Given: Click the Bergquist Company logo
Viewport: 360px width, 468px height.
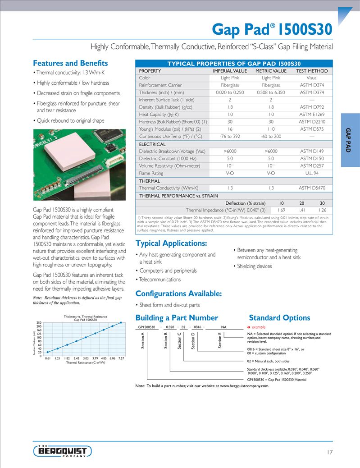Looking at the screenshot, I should [x=63, y=451].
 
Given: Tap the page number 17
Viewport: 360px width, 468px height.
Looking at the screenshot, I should [x=329, y=452].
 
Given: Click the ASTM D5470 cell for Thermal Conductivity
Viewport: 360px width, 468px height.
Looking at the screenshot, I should [x=312, y=188].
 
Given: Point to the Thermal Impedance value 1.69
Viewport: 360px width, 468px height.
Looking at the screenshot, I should [x=281, y=210].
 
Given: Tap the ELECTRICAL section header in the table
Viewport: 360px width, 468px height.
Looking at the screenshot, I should [x=152, y=144].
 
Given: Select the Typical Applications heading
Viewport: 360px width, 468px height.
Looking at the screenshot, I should [x=171, y=243].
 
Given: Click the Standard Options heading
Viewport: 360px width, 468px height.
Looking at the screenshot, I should [x=279, y=318].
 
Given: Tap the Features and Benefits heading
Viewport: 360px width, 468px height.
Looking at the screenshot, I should [x=70, y=63].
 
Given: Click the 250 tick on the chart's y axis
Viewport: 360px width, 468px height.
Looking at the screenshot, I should [x=39, y=323].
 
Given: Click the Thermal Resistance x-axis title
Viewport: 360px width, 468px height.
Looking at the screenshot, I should [x=85, y=362].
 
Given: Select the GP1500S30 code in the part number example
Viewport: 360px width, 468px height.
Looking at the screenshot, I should [x=146, y=327].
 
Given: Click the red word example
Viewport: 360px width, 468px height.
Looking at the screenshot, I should [x=259, y=327].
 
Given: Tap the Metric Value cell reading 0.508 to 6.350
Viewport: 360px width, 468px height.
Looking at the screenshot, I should [x=271, y=92].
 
